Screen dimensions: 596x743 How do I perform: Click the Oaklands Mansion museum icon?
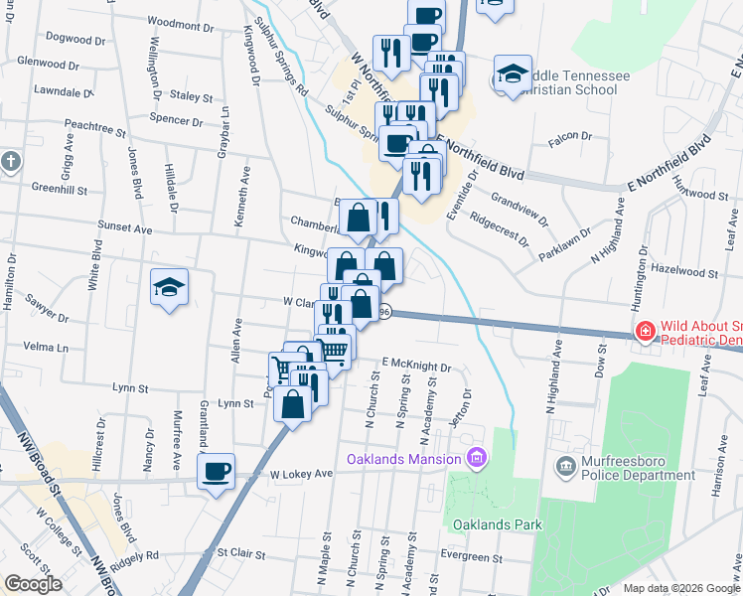click(478, 458)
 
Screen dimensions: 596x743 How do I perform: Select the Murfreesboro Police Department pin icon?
click(565, 465)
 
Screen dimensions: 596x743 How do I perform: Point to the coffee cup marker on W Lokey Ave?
click(217, 470)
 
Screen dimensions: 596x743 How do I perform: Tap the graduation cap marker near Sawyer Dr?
click(169, 288)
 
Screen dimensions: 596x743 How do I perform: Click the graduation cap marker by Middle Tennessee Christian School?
click(513, 74)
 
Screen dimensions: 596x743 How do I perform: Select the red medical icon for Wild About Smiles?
click(644, 331)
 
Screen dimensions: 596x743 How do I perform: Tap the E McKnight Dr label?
click(415, 367)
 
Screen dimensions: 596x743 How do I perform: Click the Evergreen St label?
click(472, 557)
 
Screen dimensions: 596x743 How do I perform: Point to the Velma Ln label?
click(49, 348)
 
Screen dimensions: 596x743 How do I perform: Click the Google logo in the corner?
click(33, 584)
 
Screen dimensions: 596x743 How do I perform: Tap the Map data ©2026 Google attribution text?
click(681, 588)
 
